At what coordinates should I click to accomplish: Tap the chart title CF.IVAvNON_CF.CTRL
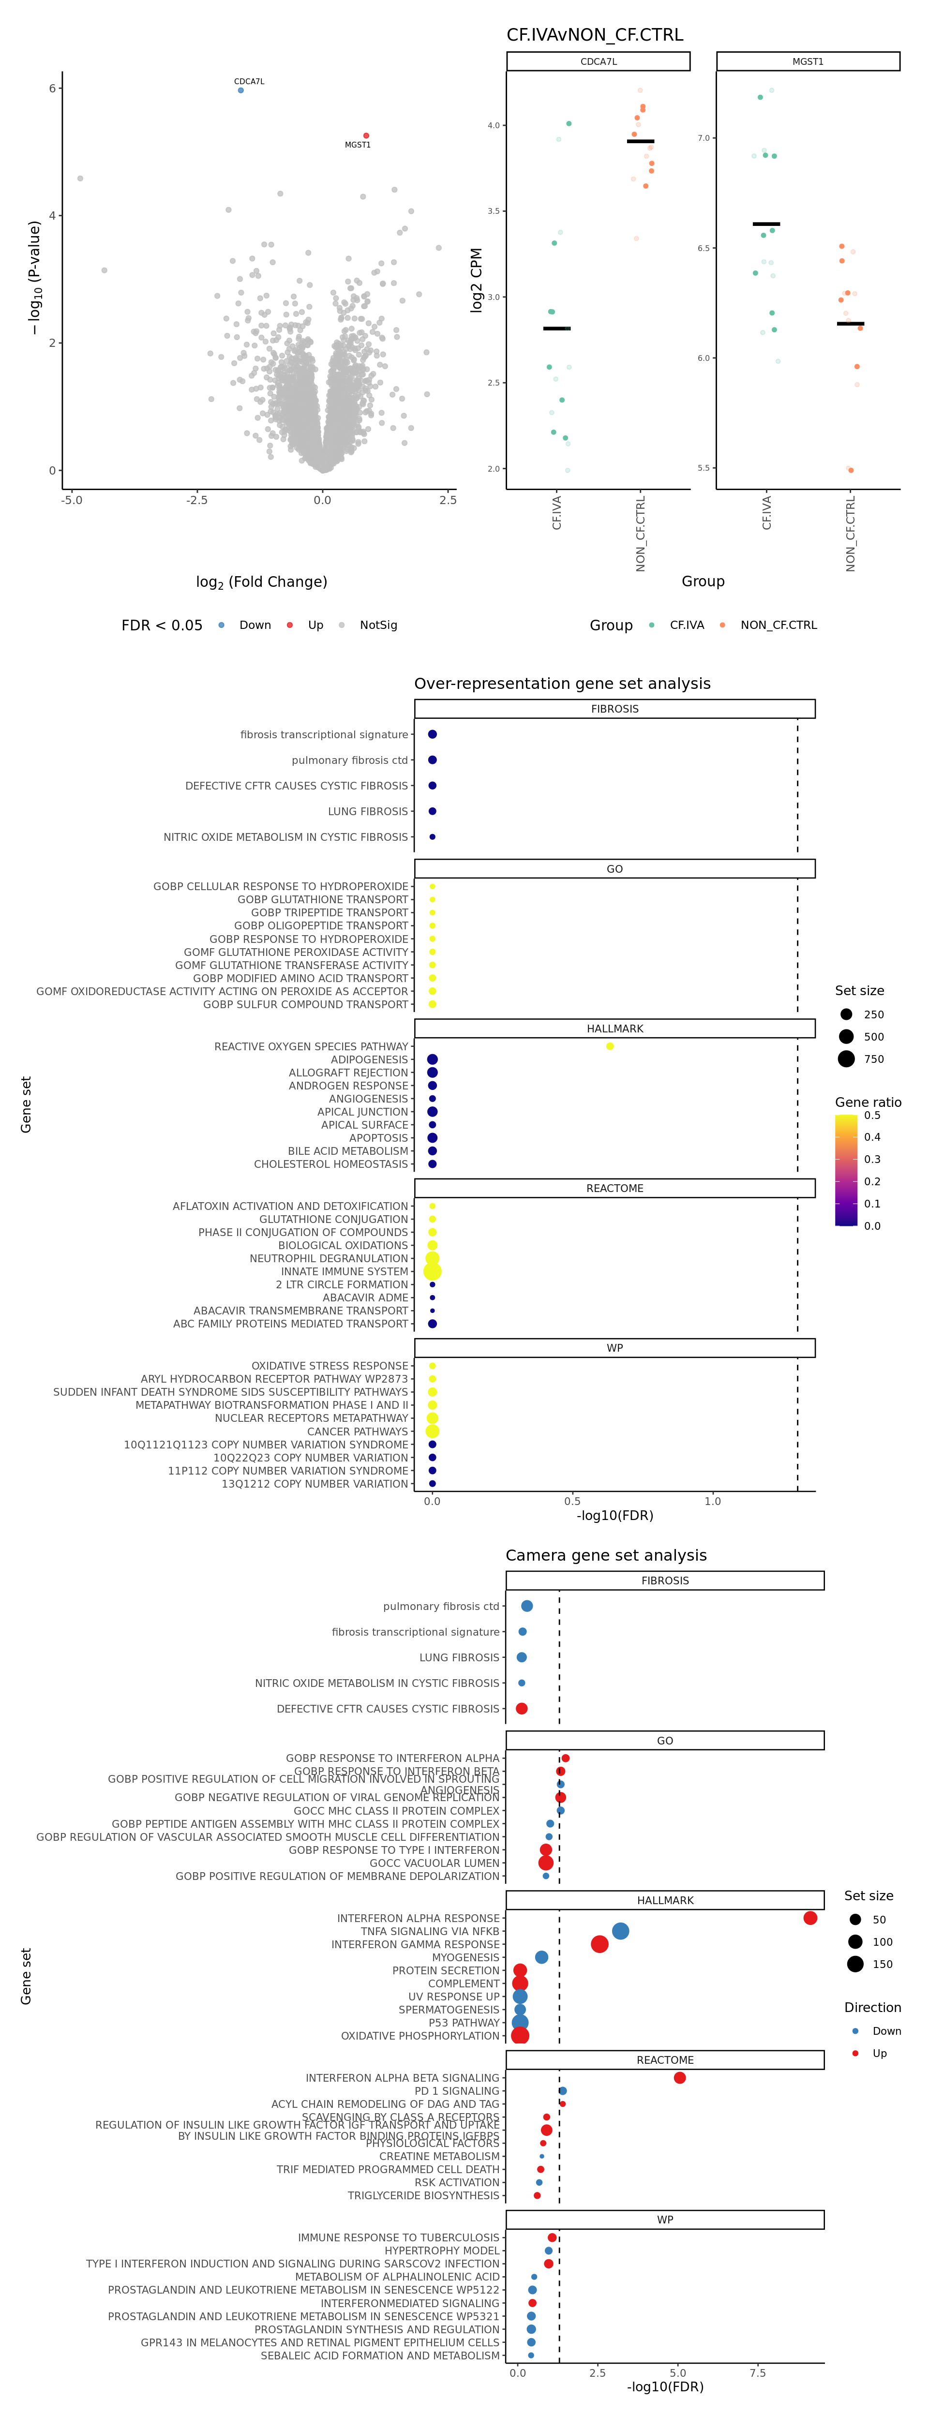coord(594,35)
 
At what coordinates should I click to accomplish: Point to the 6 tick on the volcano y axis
coord(52,88)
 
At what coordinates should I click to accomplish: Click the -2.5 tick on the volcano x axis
coord(196,500)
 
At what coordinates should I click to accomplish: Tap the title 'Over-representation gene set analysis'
coord(562,684)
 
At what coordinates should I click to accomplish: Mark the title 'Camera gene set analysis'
coord(606,1555)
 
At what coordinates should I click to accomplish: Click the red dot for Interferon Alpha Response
coord(810,1918)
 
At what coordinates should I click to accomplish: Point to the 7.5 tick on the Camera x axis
coord(757,2373)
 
